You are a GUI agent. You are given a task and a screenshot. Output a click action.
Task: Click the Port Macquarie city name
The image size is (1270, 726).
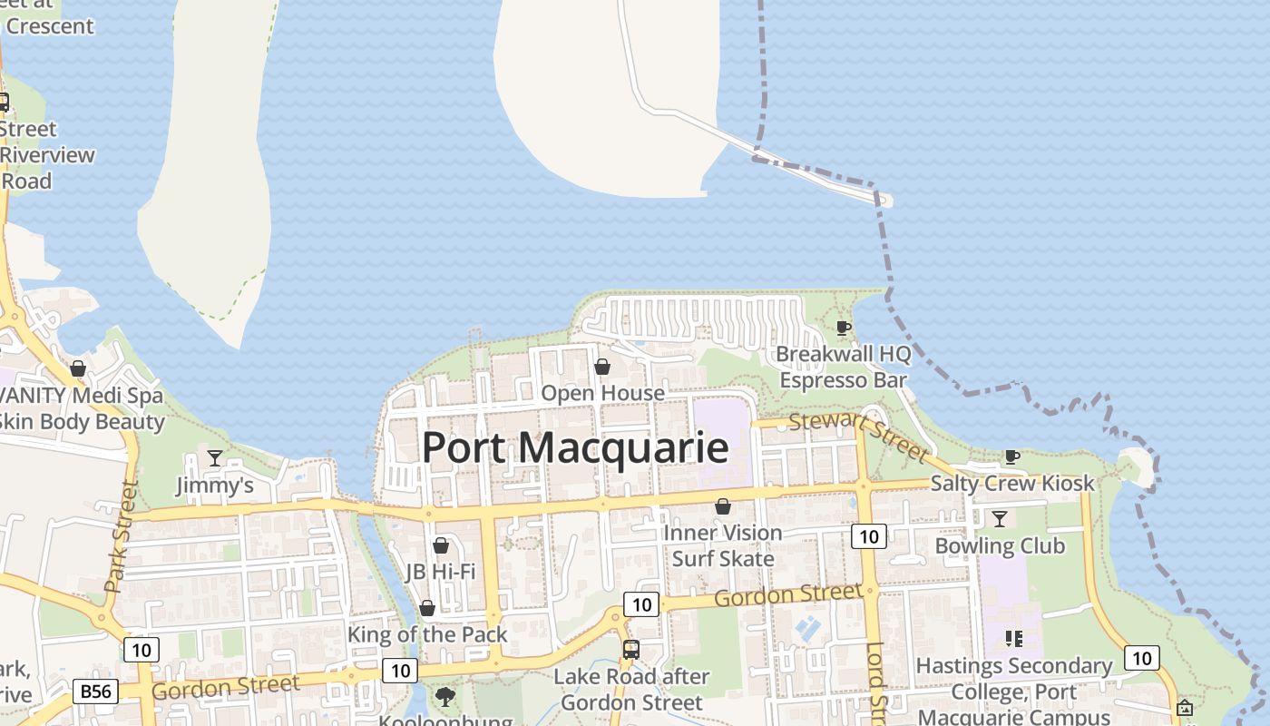[x=575, y=447]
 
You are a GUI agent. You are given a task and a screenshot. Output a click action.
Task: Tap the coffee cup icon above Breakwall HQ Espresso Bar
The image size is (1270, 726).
[x=843, y=328]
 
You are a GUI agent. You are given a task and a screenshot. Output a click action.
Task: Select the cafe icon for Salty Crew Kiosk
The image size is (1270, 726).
[x=1011, y=456]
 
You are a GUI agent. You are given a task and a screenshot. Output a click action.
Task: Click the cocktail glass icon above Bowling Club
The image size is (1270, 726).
[x=999, y=518]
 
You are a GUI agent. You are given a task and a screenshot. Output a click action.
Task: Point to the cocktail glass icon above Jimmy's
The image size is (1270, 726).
[x=214, y=457]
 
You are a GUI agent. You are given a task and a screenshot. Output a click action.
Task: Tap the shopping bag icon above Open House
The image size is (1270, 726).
[x=601, y=367]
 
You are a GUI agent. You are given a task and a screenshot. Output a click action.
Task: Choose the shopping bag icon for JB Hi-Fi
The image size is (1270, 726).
[x=440, y=545]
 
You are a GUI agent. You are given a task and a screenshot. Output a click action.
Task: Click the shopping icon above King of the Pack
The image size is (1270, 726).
[x=426, y=607]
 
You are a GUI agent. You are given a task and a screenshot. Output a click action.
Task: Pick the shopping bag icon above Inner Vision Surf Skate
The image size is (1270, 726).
[x=723, y=505]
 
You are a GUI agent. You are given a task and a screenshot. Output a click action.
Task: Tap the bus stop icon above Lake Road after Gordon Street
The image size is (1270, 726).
[x=630, y=650]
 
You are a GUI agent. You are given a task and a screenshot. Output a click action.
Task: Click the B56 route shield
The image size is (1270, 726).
[x=95, y=692]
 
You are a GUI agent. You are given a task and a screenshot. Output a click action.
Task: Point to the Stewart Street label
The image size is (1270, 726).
[x=858, y=436]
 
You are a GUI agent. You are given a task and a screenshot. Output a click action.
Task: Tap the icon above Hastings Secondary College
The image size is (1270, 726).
[x=1013, y=638]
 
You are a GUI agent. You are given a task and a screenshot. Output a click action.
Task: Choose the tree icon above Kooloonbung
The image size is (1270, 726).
[x=444, y=697]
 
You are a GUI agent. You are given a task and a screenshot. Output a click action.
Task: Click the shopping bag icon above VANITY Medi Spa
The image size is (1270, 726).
[x=78, y=368]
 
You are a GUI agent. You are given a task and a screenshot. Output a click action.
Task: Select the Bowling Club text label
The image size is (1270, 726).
[x=999, y=545]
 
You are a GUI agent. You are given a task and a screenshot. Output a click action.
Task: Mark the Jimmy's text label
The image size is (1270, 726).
[x=214, y=486]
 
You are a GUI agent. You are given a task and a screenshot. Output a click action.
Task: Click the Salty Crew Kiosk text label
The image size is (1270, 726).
[x=1012, y=484]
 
